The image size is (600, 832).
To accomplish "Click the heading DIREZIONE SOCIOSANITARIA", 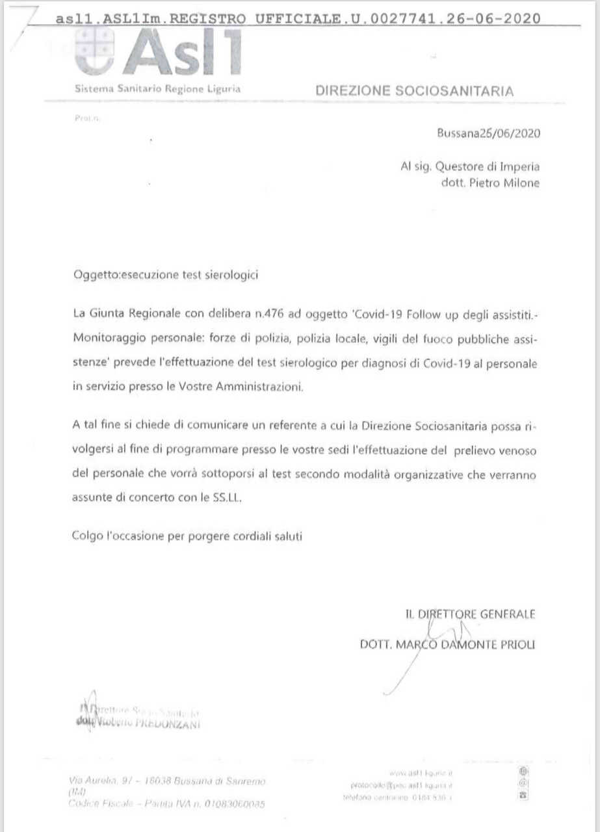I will click(x=414, y=91).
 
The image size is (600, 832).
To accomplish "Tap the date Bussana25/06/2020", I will click(x=488, y=134).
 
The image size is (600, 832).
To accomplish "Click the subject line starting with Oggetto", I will click(x=166, y=274).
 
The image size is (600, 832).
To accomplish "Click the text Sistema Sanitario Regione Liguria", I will click(x=157, y=89).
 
